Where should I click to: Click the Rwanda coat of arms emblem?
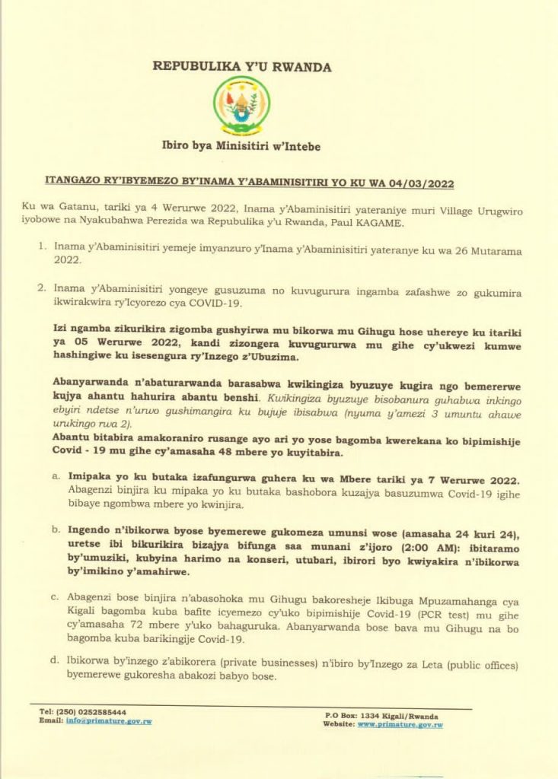pyautogui.click(x=241, y=106)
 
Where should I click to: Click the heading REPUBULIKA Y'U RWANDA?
pyautogui.click(x=242, y=67)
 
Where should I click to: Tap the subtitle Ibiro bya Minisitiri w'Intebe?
pyautogui.click(x=241, y=146)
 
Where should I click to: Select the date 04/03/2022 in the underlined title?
pyautogui.click(x=427, y=183)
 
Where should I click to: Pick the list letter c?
pyautogui.click(x=56, y=596)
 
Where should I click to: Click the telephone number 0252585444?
pyautogui.click(x=103, y=712)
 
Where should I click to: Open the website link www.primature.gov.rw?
pyautogui.click(x=400, y=725)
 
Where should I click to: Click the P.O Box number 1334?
pyautogui.click(x=367, y=716)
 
